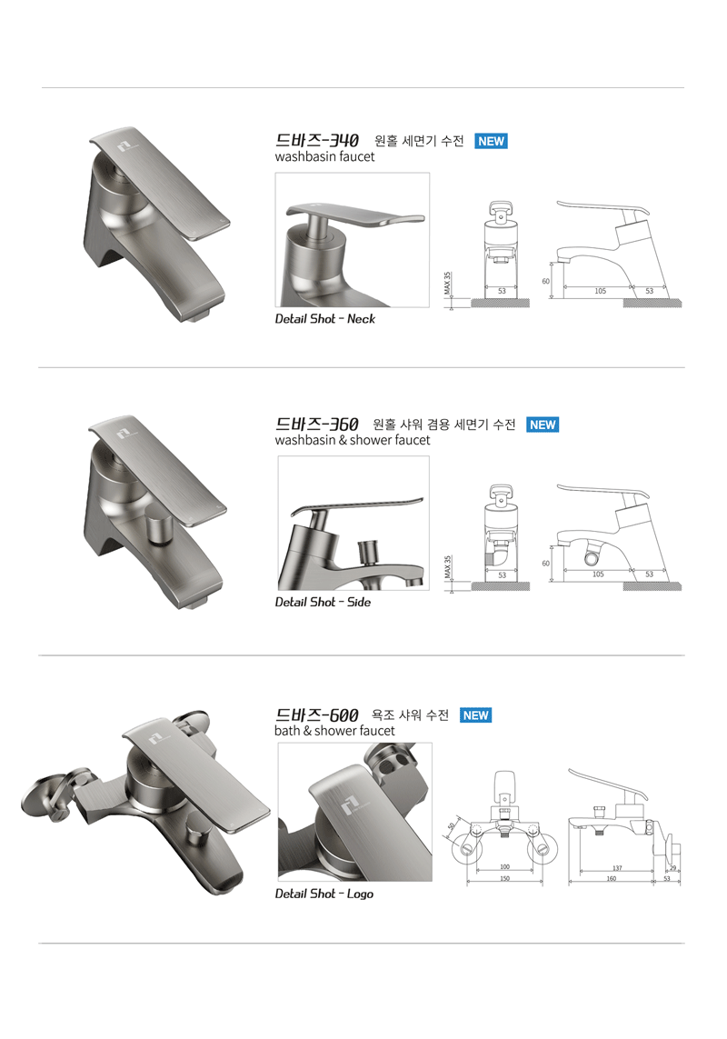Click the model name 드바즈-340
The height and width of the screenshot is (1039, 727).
(317, 141)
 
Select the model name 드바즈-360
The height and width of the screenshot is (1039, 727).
(317, 425)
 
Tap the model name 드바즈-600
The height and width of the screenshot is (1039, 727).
(317, 715)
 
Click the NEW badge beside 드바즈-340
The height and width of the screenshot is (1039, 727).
(491, 141)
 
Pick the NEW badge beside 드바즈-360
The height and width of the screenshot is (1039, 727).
(543, 425)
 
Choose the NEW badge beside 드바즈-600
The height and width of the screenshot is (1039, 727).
(476, 715)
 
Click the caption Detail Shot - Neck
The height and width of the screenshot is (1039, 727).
(324, 319)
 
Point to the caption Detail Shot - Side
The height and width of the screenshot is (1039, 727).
(323, 603)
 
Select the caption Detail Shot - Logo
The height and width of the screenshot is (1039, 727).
(324, 894)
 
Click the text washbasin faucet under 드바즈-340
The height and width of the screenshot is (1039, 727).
(324, 157)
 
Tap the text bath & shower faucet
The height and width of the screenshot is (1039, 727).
(334, 731)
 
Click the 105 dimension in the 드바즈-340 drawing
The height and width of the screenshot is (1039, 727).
(600, 291)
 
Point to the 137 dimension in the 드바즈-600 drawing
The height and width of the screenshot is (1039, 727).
(617, 868)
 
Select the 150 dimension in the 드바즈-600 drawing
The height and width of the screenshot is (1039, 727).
(505, 879)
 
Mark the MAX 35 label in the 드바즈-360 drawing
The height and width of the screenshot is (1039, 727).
(447, 567)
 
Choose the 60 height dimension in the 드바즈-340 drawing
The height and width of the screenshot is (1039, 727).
(545, 281)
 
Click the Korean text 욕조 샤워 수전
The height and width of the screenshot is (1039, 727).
(410, 715)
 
